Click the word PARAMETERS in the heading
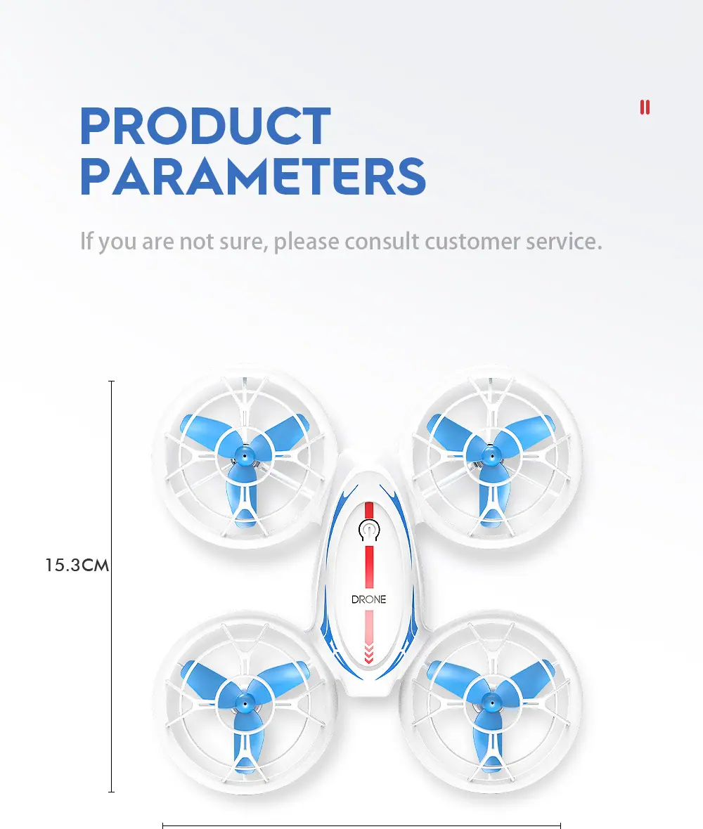[253, 176]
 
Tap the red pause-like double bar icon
[645, 107]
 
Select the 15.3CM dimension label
[77, 565]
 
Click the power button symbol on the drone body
[369, 530]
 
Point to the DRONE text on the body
[368, 599]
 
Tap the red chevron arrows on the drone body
[368, 653]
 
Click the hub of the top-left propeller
[245, 455]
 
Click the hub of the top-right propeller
[492, 455]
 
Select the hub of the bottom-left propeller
[245, 703]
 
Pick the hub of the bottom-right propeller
[492, 703]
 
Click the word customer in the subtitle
[472, 242]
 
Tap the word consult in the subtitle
[382, 241]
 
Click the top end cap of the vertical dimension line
[111, 381]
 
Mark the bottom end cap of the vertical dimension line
[111, 792]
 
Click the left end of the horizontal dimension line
[163, 825]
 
